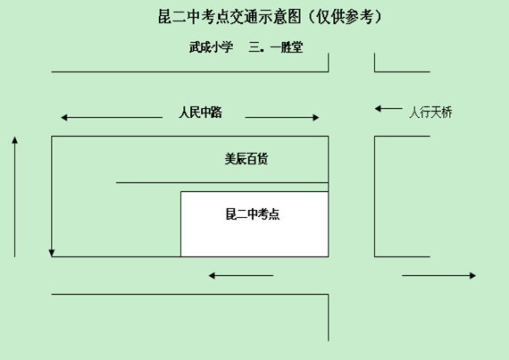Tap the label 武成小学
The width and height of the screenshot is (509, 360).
[211, 47]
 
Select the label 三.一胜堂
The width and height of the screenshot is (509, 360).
[276, 47]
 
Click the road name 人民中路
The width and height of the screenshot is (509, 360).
[200, 113]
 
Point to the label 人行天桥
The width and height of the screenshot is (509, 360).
[430, 113]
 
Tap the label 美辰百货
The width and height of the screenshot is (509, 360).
[246, 159]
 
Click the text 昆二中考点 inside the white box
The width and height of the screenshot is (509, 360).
[253, 214]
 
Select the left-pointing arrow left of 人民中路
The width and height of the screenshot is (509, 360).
[112, 117]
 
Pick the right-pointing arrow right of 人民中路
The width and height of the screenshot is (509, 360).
[282, 117]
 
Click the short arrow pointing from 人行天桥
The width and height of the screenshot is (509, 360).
[388, 108]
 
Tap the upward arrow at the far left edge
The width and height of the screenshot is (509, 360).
[14, 197]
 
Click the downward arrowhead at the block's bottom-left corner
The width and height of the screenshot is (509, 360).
[51, 253]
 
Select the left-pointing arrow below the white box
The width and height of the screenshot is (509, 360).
[241, 276]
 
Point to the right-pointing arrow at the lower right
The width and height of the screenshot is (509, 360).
[438, 276]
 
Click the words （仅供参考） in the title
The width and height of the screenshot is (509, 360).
[344, 17]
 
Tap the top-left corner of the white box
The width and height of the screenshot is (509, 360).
[180, 192]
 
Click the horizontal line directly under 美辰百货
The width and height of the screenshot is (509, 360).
[222, 183]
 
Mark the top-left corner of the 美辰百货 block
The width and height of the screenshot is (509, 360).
[51, 137]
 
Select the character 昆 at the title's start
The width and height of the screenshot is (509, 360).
[164, 17]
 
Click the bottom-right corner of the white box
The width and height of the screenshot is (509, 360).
[329, 256]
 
